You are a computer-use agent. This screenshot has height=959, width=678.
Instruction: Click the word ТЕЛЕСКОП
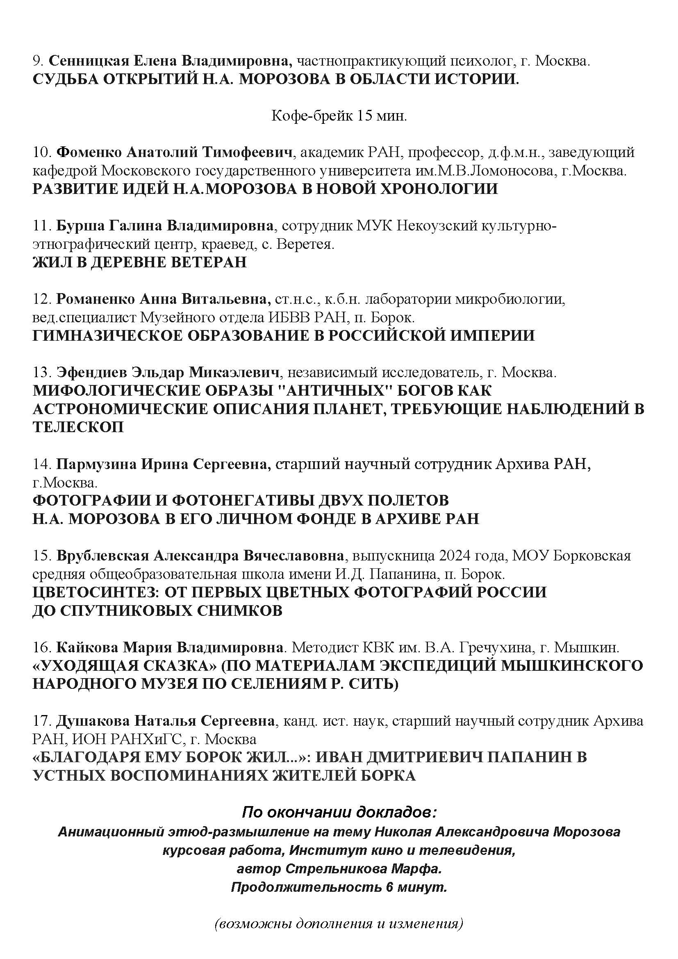coord(78,427)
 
